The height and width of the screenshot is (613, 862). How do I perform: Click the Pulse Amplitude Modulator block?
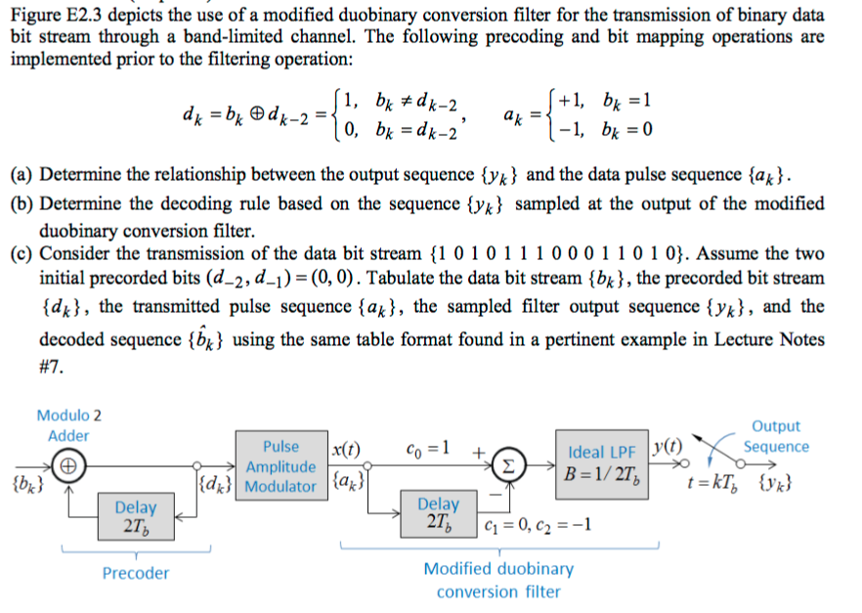click(x=280, y=466)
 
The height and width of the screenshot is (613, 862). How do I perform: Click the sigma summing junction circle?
click(x=509, y=465)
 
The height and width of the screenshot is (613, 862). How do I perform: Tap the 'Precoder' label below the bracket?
click(x=136, y=573)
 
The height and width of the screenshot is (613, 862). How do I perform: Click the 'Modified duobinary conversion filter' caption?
click(x=498, y=580)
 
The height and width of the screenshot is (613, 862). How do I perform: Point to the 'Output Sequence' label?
click(x=776, y=436)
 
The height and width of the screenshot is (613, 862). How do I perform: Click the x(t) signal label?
click(x=342, y=450)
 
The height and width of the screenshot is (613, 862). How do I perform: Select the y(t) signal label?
click(x=668, y=450)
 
